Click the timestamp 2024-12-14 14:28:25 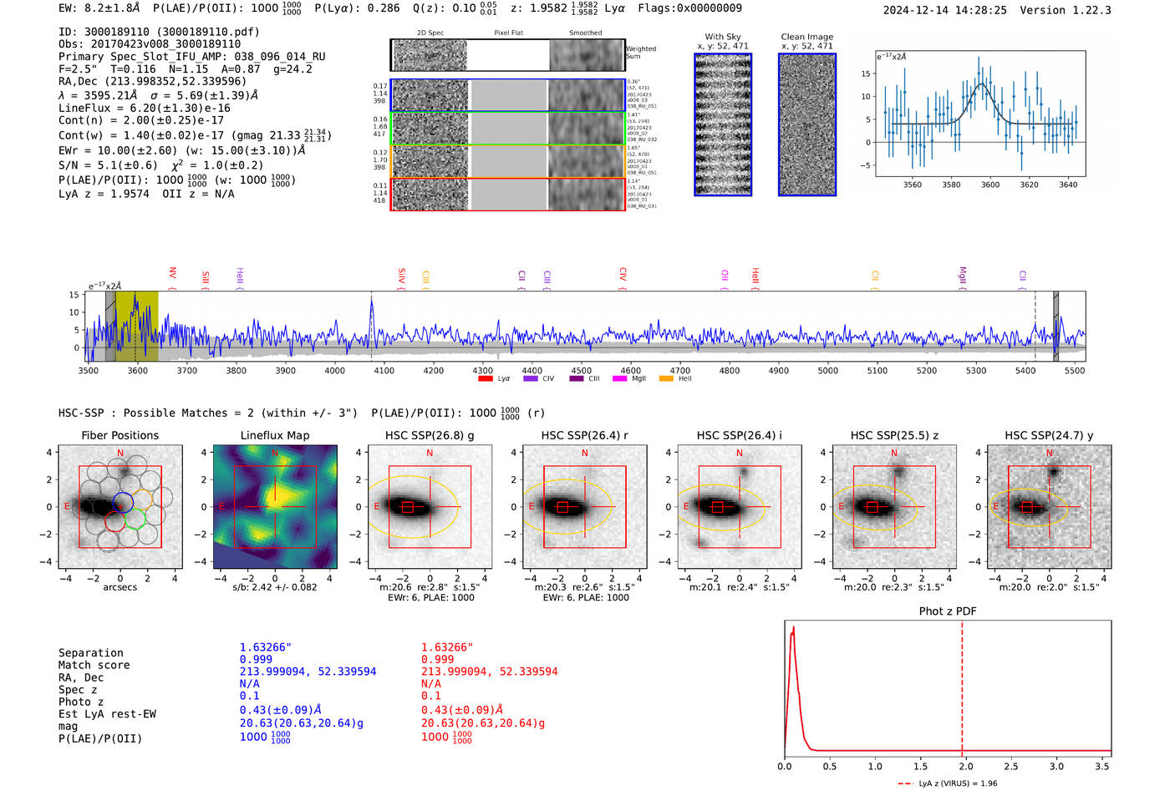944,10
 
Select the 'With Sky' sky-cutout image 723,124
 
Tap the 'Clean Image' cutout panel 807,124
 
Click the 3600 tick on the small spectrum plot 990,185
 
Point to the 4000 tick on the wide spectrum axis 335,370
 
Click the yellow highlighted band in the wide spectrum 137,326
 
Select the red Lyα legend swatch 486,379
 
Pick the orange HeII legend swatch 666,379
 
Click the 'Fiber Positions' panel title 120,435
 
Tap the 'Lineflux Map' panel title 275,435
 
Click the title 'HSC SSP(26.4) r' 584,435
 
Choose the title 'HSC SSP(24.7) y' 1049,435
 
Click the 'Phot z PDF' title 948,611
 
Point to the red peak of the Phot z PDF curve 793,628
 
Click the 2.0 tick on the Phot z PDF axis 966,766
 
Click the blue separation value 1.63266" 266,647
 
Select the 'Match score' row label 94,665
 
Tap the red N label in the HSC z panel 894,453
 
